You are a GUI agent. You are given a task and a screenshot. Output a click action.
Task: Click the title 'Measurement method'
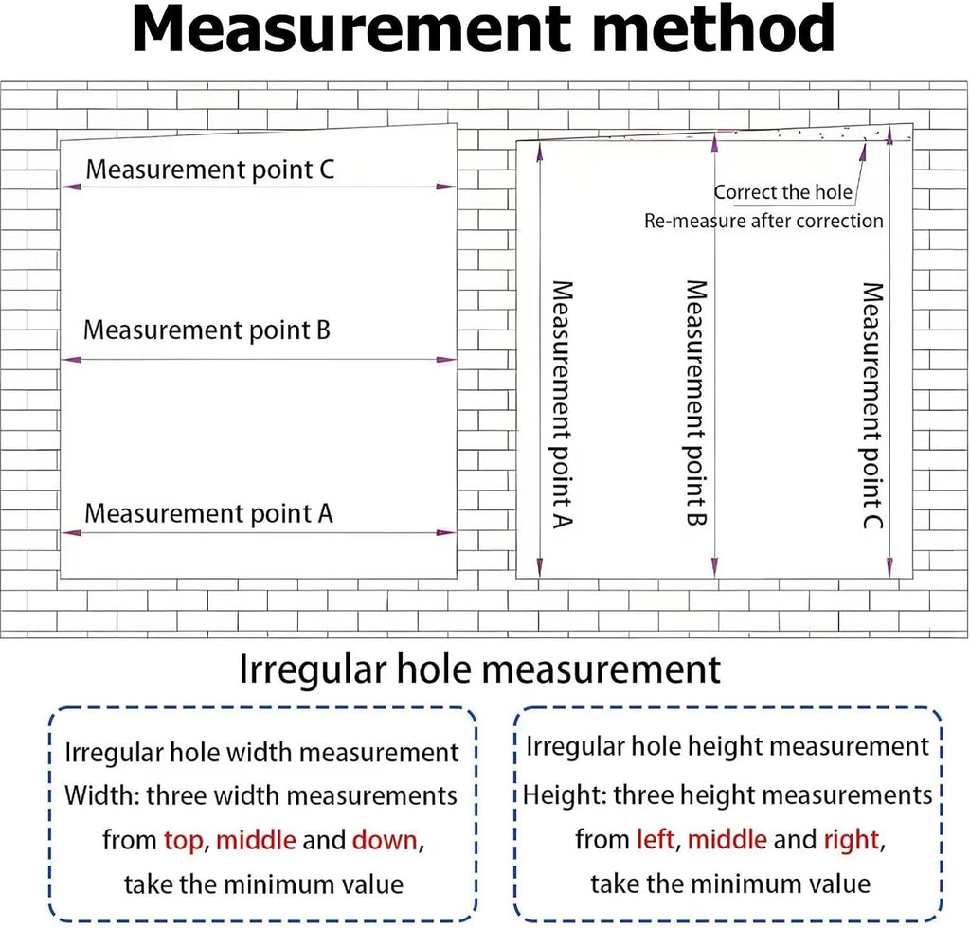[x=483, y=29]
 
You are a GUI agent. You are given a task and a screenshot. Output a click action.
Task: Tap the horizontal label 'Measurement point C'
[x=209, y=170]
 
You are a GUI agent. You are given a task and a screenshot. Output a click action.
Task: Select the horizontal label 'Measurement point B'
[x=207, y=330]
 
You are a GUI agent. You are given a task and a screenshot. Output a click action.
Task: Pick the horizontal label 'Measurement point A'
[x=208, y=514]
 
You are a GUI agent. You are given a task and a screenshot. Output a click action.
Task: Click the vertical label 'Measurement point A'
[x=563, y=404]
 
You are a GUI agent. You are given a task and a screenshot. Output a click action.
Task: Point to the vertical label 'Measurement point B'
[x=696, y=403]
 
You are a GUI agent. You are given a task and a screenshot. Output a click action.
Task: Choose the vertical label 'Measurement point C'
[x=872, y=405]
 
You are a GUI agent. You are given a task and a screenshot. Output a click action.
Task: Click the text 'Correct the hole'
[x=783, y=192]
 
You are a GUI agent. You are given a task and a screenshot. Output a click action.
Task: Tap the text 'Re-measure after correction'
[x=764, y=221]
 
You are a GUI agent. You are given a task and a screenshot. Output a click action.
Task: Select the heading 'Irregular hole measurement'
[x=480, y=669]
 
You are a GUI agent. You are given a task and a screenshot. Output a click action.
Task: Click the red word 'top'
[x=183, y=841]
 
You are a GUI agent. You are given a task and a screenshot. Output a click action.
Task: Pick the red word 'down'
[x=385, y=840]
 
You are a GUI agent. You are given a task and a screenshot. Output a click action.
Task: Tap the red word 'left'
[x=656, y=840]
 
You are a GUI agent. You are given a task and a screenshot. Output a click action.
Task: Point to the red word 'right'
[x=852, y=840]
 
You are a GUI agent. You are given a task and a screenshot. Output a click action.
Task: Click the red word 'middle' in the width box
[x=256, y=840]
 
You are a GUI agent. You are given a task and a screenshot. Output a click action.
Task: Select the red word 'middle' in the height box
[x=727, y=840]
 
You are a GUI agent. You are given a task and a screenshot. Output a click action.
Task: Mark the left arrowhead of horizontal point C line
[x=71, y=187]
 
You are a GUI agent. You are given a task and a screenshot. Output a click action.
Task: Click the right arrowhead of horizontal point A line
[x=446, y=533]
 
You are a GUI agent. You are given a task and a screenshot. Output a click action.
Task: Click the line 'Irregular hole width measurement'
[x=261, y=753]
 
